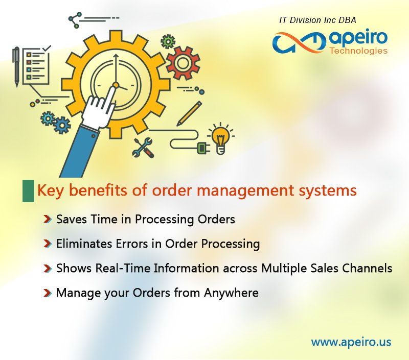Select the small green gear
point(167,41)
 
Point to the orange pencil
point(189,113)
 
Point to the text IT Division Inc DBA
point(317,20)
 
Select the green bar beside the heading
point(28,190)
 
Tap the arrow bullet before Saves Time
point(47,220)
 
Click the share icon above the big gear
point(75,20)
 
